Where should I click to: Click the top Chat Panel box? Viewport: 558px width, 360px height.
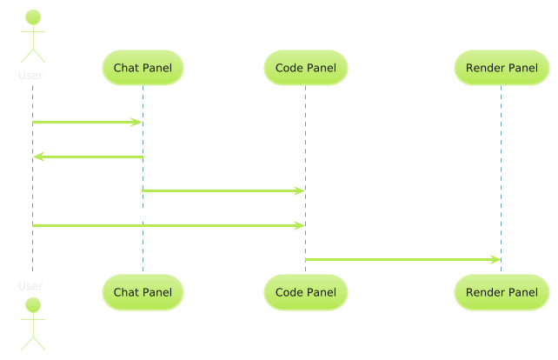click(x=143, y=67)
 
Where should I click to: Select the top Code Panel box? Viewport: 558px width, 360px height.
click(x=305, y=67)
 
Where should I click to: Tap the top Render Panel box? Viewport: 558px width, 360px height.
click(x=502, y=67)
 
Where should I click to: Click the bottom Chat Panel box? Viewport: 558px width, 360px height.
click(x=143, y=292)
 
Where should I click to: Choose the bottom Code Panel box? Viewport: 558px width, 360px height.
click(x=305, y=292)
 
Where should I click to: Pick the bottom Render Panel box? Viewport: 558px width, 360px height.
click(x=502, y=292)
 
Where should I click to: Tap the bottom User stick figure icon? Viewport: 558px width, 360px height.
click(x=32, y=323)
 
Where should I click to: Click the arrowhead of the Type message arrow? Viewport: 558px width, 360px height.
click(x=136, y=123)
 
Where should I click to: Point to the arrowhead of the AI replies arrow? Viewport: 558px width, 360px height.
click(x=38, y=157)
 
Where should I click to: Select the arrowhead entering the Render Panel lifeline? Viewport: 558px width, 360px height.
click(x=495, y=259)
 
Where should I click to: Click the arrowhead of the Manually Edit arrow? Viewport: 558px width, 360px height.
click(x=299, y=225)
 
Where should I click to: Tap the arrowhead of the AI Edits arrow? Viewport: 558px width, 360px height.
click(x=299, y=190)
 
